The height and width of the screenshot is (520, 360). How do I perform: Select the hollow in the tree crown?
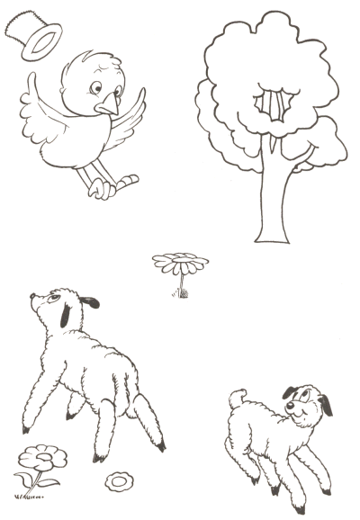[x=272, y=104]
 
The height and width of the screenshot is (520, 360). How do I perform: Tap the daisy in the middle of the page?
[x=180, y=264]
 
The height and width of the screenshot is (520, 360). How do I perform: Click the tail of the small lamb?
[x=237, y=397]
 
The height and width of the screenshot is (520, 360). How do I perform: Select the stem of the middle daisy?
[x=178, y=283]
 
